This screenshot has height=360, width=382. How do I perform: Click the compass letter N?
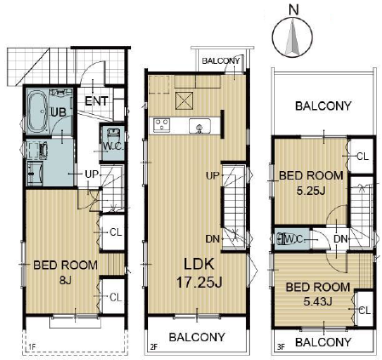(x=294, y=10)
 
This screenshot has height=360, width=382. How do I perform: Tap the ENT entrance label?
(x=96, y=101)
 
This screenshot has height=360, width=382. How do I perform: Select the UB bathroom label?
(x=59, y=112)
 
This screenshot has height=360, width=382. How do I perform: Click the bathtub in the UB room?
(x=37, y=111)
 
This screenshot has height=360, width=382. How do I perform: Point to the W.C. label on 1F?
(x=112, y=146)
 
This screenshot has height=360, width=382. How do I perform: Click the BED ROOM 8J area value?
(x=66, y=280)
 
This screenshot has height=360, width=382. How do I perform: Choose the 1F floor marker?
(x=32, y=346)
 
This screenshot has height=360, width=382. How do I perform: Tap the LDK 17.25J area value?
(x=199, y=283)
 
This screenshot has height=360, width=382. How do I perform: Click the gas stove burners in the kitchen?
(x=162, y=125)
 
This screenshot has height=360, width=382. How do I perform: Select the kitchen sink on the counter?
(x=200, y=126)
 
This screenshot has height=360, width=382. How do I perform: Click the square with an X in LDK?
(x=185, y=100)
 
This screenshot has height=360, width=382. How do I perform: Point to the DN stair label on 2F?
(x=213, y=239)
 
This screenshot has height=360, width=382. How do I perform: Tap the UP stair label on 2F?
(x=213, y=176)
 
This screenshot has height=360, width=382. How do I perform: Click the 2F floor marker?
(x=154, y=346)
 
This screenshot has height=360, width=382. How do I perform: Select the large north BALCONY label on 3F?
(x=323, y=106)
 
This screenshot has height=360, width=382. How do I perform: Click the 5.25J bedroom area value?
(x=311, y=191)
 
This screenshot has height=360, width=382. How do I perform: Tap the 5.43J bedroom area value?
(x=317, y=301)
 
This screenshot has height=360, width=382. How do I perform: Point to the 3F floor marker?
(x=281, y=346)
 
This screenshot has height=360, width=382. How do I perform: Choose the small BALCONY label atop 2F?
(x=221, y=60)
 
